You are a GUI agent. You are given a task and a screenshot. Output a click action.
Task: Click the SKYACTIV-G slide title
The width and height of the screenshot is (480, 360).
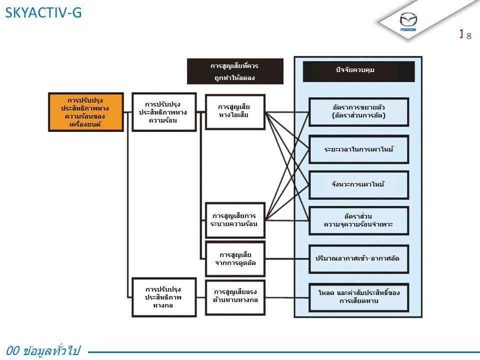tap(43, 13)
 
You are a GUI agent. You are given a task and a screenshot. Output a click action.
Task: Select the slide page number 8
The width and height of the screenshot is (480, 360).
tap(469, 35)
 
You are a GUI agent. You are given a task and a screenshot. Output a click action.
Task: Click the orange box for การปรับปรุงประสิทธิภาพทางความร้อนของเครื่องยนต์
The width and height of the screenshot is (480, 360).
tap(86, 111)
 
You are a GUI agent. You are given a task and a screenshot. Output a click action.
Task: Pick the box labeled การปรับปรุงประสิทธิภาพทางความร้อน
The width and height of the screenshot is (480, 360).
tap(164, 112)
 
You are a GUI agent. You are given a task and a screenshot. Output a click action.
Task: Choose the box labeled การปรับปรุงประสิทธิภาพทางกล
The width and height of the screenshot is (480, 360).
tap(164, 297)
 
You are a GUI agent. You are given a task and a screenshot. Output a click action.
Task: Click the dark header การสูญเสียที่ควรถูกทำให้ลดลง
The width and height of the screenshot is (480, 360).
tap(235, 71)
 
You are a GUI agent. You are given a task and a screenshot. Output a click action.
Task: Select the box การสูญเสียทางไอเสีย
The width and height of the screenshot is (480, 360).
tap(235, 111)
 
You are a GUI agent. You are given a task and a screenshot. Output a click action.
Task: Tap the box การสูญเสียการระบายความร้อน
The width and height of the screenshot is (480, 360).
tap(235, 220)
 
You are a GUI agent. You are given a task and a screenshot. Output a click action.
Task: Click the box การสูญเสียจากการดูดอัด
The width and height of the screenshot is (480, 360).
tap(235, 258)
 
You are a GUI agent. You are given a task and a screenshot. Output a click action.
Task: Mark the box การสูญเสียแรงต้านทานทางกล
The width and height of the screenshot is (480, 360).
tap(235, 297)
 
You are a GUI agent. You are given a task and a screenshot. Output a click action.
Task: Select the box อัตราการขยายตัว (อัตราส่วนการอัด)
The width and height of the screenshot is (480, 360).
tap(358, 111)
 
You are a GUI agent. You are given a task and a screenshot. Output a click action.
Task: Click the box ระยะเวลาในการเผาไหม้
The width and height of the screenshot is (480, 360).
tap(358, 149)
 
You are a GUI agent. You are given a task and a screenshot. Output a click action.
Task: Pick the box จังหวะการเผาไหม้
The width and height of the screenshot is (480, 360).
tap(358, 184)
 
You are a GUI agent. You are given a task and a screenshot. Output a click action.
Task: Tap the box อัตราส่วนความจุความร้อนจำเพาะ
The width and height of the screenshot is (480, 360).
tap(358, 220)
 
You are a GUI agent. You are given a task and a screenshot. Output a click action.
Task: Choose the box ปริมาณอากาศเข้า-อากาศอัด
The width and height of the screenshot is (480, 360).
tap(358, 258)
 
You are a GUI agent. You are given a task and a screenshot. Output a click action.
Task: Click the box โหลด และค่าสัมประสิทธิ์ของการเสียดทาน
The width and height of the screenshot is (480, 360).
tap(358, 297)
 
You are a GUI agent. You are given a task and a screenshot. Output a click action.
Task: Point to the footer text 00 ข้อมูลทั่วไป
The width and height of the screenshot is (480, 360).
tap(44, 350)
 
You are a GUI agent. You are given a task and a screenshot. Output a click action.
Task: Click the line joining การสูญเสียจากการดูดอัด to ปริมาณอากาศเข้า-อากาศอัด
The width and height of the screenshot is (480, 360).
tap(286, 258)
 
